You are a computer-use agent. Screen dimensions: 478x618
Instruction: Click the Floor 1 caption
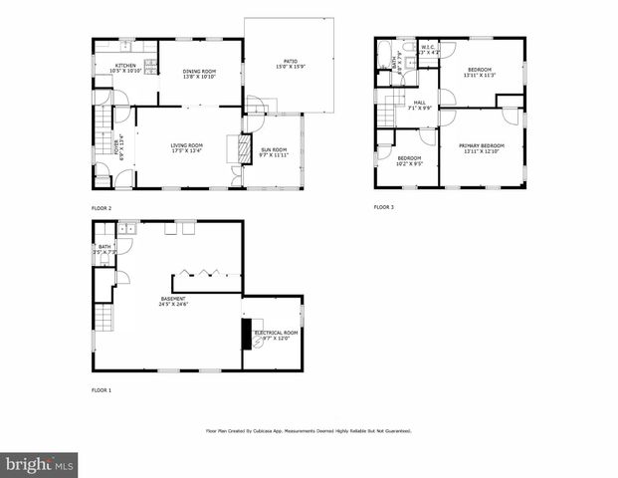[102, 389]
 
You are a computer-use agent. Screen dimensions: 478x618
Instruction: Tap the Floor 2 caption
[102, 208]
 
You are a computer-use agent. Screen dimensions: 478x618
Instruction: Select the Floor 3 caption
[384, 207]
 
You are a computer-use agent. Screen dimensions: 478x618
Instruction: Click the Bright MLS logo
[40, 464]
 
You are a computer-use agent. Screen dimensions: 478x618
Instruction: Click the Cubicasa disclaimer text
[309, 431]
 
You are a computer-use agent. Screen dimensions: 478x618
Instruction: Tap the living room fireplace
[239, 148]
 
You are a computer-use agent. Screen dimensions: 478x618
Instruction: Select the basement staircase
[103, 319]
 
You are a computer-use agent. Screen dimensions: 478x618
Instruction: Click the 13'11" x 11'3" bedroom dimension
[480, 74]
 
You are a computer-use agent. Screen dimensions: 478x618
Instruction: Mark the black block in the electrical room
[247, 332]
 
